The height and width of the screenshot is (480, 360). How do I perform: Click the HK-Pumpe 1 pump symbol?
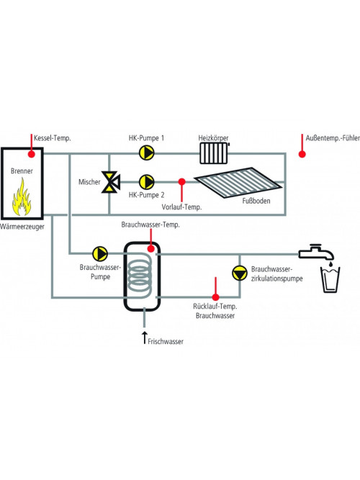pyautogui.click(x=146, y=153)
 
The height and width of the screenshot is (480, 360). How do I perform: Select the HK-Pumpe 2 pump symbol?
pyautogui.click(x=146, y=182)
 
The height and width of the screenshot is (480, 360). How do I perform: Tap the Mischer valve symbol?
pyautogui.click(x=111, y=182)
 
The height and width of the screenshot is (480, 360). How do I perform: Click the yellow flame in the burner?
pyautogui.click(x=22, y=197)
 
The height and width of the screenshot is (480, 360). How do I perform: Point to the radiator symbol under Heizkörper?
pyautogui.click(x=214, y=153)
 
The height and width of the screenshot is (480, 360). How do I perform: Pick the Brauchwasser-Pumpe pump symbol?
pyautogui.click(x=100, y=253)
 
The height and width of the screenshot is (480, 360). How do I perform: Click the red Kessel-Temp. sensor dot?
pyautogui.click(x=32, y=154)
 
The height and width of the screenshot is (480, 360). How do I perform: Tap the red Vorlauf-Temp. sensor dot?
pyautogui.click(x=181, y=182)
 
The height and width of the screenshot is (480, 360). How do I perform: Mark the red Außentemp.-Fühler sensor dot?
pyautogui.click(x=302, y=154)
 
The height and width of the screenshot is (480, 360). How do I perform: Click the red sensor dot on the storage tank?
pyautogui.click(x=150, y=248)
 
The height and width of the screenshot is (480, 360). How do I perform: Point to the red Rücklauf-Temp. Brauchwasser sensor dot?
pyautogui.click(x=216, y=297)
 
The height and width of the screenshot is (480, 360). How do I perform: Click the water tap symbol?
pyautogui.click(x=317, y=253)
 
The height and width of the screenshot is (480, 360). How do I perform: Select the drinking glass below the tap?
pyautogui.click(x=330, y=279)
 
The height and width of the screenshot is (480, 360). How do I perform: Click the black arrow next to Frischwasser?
pyautogui.click(x=145, y=338)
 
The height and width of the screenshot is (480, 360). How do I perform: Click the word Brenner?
pyautogui.click(x=22, y=171)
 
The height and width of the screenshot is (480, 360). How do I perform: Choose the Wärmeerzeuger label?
pyautogui.click(x=22, y=227)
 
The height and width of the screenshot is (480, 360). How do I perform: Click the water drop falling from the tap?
pyautogui.click(x=330, y=263)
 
